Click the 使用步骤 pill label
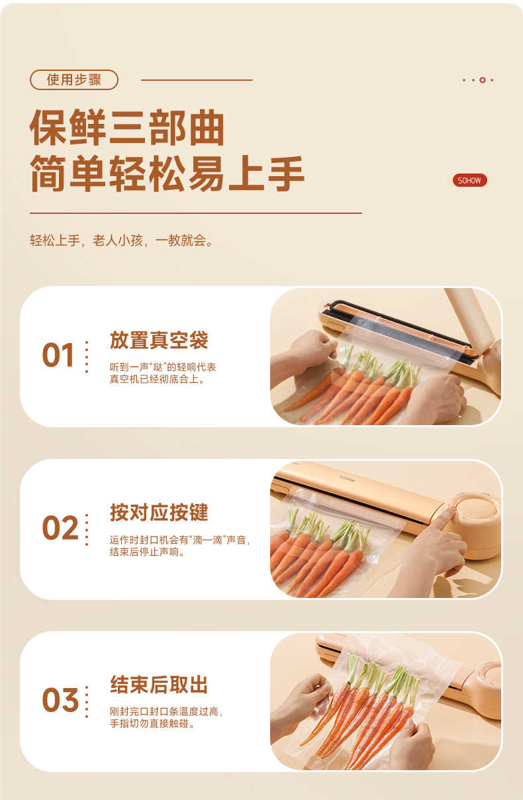(x=74, y=79)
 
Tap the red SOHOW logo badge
(x=469, y=180)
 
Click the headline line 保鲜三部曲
(x=127, y=128)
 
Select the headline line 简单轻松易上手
(x=167, y=174)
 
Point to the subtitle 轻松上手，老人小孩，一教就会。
(x=121, y=240)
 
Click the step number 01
(x=58, y=355)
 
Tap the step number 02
(x=60, y=528)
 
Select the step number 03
(x=60, y=699)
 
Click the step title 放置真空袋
(x=159, y=340)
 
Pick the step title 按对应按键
(x=159, y=513)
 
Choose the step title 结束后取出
(x=159, y=685)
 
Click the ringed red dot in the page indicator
(x=483, y=80)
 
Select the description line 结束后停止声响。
(x=147, y=552)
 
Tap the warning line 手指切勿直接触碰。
(x=152, y=724)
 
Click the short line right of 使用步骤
(x=197, y=80)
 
